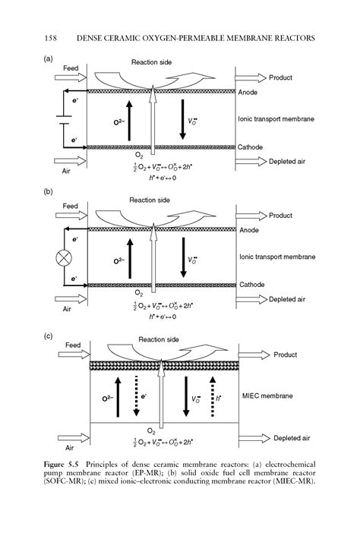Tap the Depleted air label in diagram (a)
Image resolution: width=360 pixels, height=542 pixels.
pyautogui.click(x=292, y=161)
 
